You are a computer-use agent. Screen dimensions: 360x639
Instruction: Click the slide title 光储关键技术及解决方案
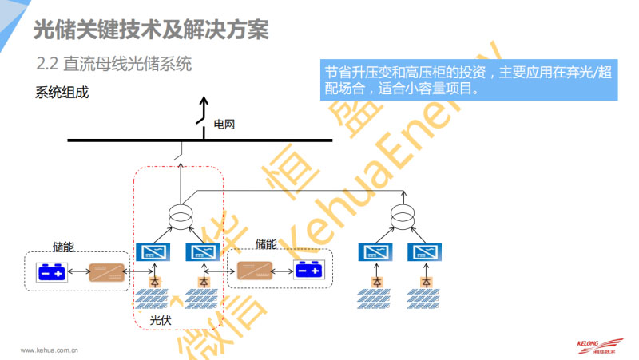coord(151,30)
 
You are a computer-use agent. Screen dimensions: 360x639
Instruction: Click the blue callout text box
coord(469,79)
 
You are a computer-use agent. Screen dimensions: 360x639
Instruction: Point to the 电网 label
coord(224,125)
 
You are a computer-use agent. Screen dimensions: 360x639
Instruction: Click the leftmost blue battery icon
coord(54,272)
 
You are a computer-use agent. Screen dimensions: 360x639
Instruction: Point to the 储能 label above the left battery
coord(63,247)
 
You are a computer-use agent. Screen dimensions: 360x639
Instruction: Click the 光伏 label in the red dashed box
coord(162,320)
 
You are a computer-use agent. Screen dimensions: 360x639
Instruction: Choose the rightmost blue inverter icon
coord(420,253)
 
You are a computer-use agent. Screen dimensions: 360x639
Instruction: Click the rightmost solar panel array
coord(420,299)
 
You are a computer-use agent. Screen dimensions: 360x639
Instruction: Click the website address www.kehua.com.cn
coord(48,350)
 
